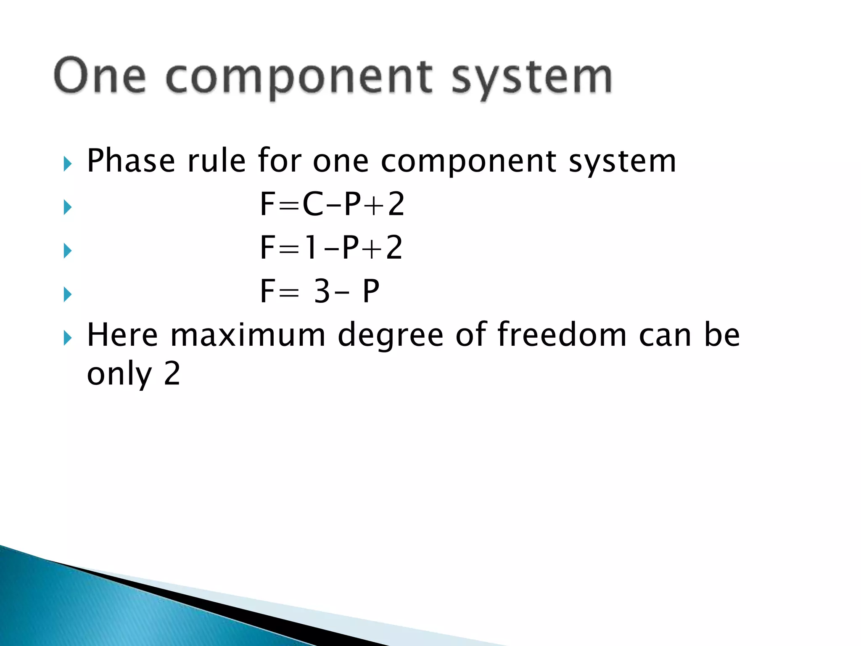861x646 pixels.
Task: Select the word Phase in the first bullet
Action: [131, 161]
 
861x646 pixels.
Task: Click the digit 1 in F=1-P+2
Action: [311, 248]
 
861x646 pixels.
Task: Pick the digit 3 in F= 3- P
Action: [322, 291]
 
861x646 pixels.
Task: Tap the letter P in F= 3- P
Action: [371, 291]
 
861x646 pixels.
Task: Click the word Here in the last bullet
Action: [122, 335]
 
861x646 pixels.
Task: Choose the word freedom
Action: [562, 335]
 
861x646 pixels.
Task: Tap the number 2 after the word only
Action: [172, 373]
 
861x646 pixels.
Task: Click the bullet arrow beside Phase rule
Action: [67, 164]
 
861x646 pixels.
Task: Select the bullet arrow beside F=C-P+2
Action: [67, 207]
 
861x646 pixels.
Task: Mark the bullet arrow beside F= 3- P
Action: [67, 294]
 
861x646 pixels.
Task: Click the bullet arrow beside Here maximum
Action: [67, 338]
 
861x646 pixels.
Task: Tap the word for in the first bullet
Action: [280, 161]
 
